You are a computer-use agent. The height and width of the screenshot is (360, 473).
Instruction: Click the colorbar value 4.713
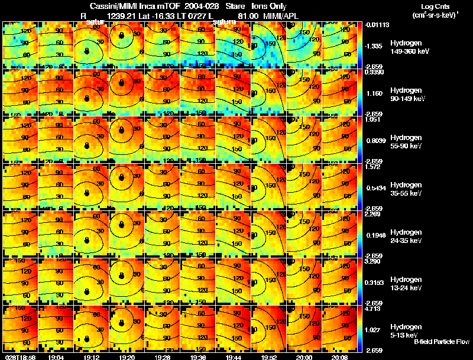372,308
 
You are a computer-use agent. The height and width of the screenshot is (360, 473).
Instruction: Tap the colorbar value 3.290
372,261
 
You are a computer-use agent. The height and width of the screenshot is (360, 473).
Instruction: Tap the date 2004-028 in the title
193,6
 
